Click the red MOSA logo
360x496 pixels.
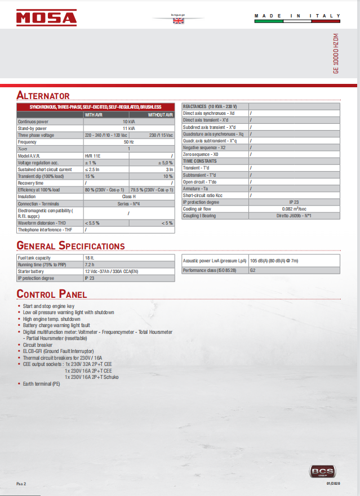pos(46,18)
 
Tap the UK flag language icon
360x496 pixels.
pos(178,21)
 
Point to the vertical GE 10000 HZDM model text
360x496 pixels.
pos(336,54)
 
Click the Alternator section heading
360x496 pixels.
pos(43,95)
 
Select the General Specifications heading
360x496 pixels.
pos(70,245)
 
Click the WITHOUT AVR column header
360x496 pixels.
pos(161,115)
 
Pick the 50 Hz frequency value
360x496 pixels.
pos(128,142)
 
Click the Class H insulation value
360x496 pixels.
pos(128,197)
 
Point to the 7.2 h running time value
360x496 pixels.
pos(89,264)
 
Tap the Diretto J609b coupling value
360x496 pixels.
pos(294,216)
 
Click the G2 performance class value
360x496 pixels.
pos(253,270)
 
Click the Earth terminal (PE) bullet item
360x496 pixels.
pos(41,383)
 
